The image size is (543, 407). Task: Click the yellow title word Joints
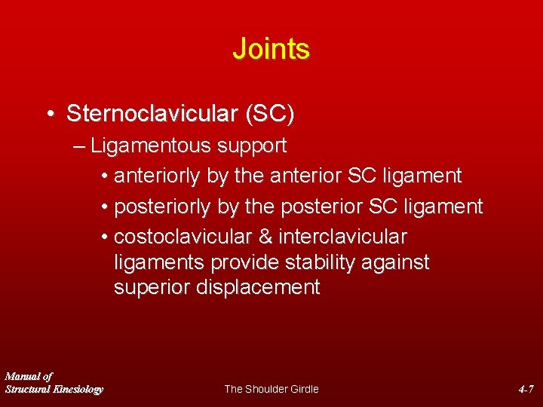click(271, 49)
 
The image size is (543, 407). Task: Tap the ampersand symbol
click(265, 237)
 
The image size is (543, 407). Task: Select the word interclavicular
click(342, 237)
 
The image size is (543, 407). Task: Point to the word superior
click(152, 287)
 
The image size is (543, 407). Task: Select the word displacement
click(258, 287)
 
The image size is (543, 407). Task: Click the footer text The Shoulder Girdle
click(271, 389)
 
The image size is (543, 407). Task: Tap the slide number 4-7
click(526, 389)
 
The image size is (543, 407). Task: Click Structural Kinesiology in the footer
click(54, 389)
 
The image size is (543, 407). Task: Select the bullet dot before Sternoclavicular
click(49, 115)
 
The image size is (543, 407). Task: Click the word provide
click(246, 262)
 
